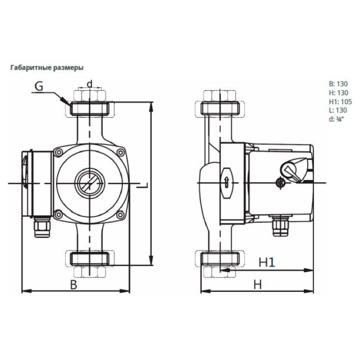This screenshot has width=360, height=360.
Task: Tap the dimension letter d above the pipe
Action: pyautogui.click(x=89, y=83)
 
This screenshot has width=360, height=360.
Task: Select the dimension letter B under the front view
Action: pyautogui.click(x=73, y=284)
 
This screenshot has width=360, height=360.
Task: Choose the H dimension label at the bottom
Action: pyautogui.click(x=258, y=284)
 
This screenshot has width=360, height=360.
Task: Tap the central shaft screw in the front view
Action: pyautogui.click(x=89, y=182)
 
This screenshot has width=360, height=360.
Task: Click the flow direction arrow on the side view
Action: pyautogui.click(x=226, y=182)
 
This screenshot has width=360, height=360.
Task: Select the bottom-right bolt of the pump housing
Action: pyautogui.click(x=121, y=214)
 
